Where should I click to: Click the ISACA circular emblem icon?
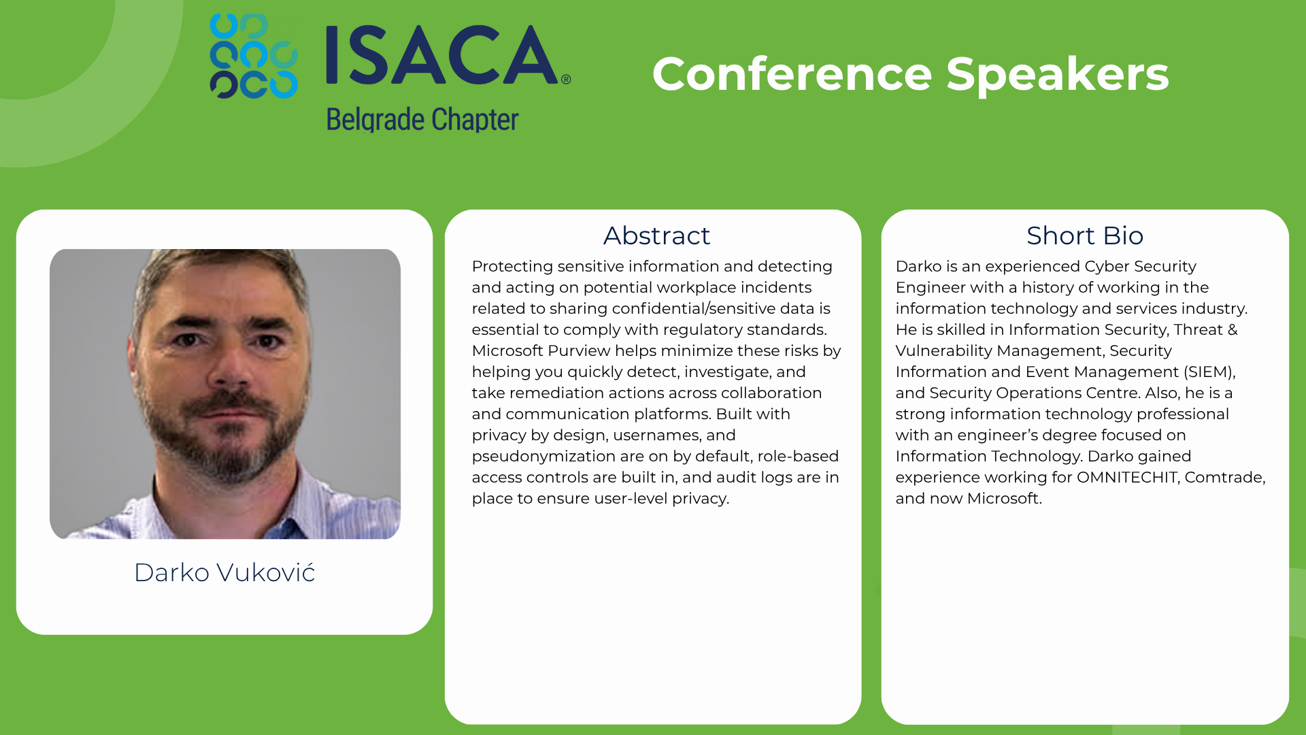(x=254, y=56)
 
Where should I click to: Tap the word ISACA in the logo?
(x=443, y=55)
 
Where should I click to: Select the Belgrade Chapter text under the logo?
(x=422, y=120)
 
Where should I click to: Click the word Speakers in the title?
(x=1057, y=75)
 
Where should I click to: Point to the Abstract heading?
(x=656, y=235)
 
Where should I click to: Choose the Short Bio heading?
(x=1085, y=235)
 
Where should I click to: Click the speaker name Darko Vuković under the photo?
(x=224, y=572)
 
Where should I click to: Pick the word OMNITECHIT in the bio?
(x=1127, y=477)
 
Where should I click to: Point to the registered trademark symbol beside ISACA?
(x=566, y=80)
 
